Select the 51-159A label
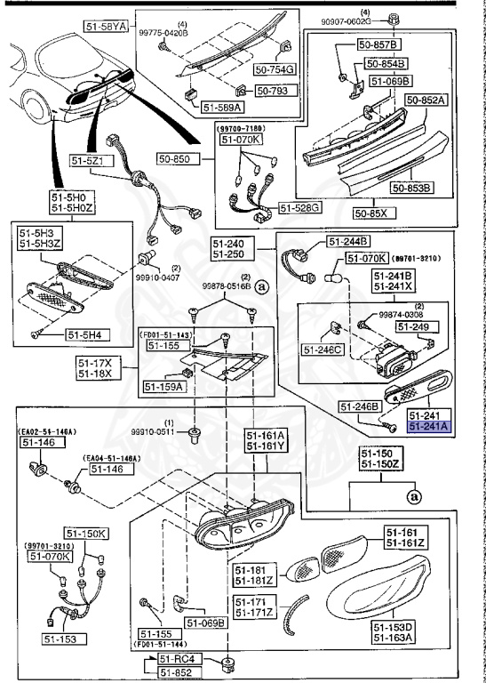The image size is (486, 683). pos(163,387)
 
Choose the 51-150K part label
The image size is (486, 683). pos(89,534)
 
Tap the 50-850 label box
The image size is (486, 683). pos(178,158)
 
